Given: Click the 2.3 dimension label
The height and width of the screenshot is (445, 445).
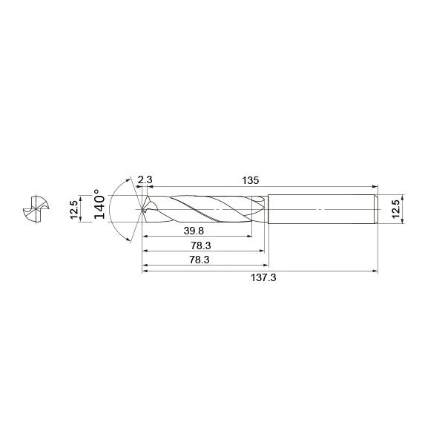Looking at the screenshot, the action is (x=145, y=179).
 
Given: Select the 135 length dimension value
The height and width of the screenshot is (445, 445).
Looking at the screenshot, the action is (x=251, y=180).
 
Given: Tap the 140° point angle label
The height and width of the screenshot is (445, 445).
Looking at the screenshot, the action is (x=99, y=204).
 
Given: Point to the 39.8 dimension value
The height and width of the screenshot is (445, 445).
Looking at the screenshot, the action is (x=194, y=231).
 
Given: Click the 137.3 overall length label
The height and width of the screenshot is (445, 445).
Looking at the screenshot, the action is (x=263, y=277).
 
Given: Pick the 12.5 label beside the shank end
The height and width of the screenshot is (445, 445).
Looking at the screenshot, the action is (x=395, y=209).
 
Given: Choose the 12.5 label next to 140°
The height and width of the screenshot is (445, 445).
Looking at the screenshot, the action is (x=74, y=209).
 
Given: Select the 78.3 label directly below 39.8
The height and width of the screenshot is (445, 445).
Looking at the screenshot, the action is (x=201, y=245).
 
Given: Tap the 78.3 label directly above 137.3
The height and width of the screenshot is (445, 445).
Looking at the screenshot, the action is (x=200, y=260).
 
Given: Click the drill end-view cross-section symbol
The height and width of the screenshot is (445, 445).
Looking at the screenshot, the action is (x=36, y=209).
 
